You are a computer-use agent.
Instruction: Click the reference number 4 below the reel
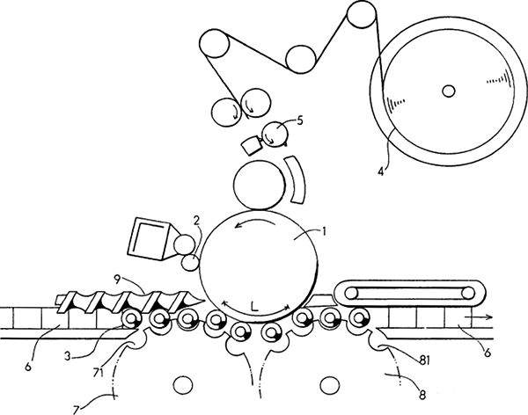[381, 171]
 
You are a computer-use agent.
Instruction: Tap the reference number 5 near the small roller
[300, 120]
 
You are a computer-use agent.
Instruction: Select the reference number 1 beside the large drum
[324, 231]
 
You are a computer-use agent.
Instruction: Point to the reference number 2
[196, 221]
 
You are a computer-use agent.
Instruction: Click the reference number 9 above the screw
[117, 280]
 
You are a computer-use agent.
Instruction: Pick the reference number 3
[68, 356]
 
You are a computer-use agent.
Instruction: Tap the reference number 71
[99, 373]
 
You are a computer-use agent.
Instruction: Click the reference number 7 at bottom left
[77, 410]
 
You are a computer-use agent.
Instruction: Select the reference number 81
[425, 360]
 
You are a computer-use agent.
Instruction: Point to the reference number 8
[422, 395]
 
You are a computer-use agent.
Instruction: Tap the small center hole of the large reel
[448, 91]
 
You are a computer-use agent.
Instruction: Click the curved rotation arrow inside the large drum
[255, 222]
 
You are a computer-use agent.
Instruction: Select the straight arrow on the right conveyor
[479, 317]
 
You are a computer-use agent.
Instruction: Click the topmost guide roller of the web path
[362, 14]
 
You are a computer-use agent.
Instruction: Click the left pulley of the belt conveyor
[351, 294]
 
